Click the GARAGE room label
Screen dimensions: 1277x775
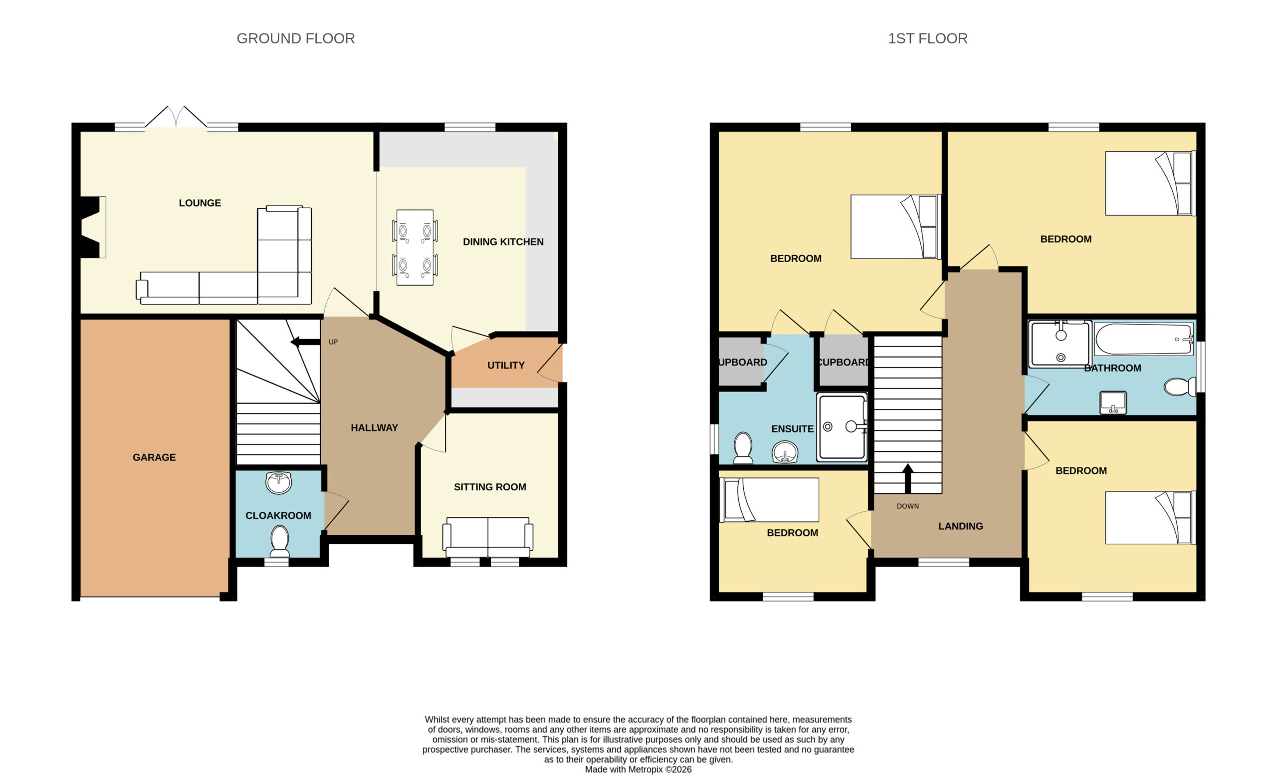pos(154,457)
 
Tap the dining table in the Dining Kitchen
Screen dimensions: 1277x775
pos(415,248)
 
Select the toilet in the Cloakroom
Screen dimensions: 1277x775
pos(279,541)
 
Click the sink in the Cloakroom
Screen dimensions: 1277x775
pos(279,482)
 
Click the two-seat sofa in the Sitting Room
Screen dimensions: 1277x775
pos(488,537)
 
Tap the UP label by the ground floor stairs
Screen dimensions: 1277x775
pos(333,342)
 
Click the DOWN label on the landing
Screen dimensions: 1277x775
pos(907,506)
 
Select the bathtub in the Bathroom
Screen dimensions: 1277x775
pos(1143,339)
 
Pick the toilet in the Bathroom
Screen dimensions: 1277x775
pos(1180,387)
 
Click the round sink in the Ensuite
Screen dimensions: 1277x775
pos(785,451)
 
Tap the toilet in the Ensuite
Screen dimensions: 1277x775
pos(743,448)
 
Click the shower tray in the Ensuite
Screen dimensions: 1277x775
pos(842,427)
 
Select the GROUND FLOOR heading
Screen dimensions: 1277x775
pos(295,38)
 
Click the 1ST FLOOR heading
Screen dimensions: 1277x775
pos(928,38)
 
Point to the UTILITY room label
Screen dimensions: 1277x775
pos(506,365)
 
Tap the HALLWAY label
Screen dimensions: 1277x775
pos(374,427)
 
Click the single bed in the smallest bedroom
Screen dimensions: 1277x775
pos(770,499)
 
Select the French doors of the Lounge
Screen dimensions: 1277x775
pos(176,117)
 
